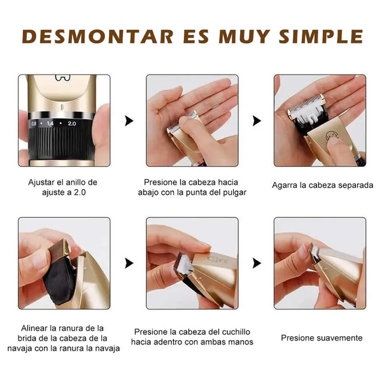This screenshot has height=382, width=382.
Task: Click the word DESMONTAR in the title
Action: [97, 37]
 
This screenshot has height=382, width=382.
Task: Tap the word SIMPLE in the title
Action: [321, 37]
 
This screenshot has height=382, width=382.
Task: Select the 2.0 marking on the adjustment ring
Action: [72, 124]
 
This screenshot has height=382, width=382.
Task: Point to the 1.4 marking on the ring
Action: [50, 124]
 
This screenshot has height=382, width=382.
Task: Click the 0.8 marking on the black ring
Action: [34, 124]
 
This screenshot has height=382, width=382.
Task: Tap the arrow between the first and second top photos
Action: [129, 121]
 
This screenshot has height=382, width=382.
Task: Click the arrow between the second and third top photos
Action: [257, 121]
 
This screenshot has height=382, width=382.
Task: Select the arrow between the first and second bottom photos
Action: [129, 264]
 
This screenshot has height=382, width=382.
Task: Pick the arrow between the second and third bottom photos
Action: [257, 264]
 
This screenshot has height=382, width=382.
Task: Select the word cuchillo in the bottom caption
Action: [236, 332]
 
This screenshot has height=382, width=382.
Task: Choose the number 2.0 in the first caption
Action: [80, 193]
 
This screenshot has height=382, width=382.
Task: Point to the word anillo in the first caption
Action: [75, 183]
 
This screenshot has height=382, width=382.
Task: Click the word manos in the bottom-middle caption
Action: [241, 343]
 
